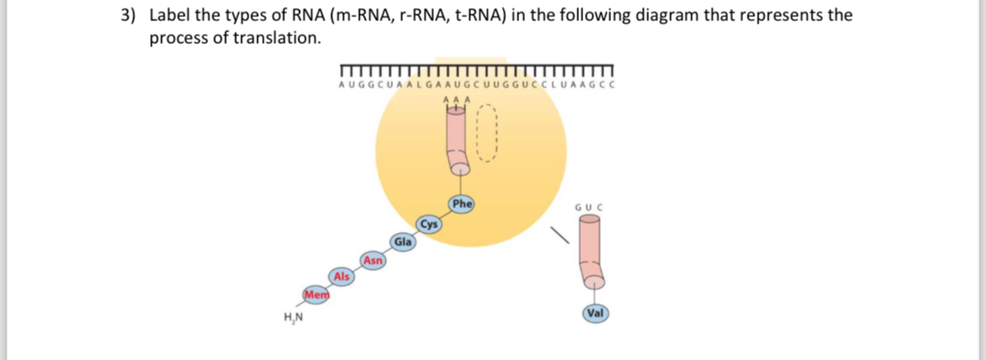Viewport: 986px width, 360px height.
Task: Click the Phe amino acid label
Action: (462, 203)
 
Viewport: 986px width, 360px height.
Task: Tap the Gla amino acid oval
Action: (403, 242)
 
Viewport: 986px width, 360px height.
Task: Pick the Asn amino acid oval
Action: (373, 260)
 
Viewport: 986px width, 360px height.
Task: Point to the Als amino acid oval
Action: (341, 277)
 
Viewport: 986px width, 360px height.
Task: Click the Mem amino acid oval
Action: (316, 294)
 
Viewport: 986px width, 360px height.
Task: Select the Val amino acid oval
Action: (596, 313)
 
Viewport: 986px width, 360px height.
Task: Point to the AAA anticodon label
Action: (454, 99)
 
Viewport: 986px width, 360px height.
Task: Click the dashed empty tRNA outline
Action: (490, 135)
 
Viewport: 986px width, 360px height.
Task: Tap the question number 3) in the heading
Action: (128, 15)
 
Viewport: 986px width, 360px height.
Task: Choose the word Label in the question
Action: (170, 15)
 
